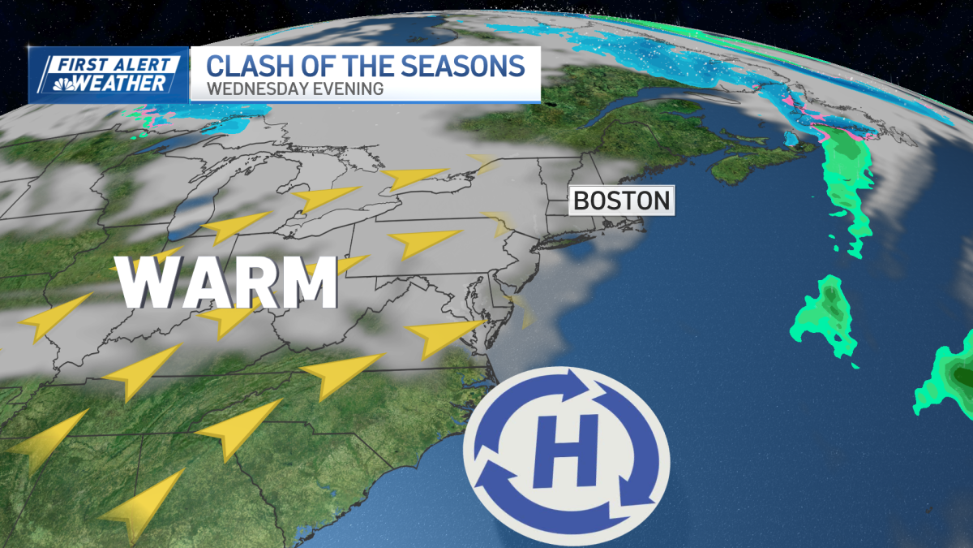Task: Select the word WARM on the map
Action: (228, 283)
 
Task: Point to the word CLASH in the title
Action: (242, 66)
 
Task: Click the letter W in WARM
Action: (151, 283)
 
